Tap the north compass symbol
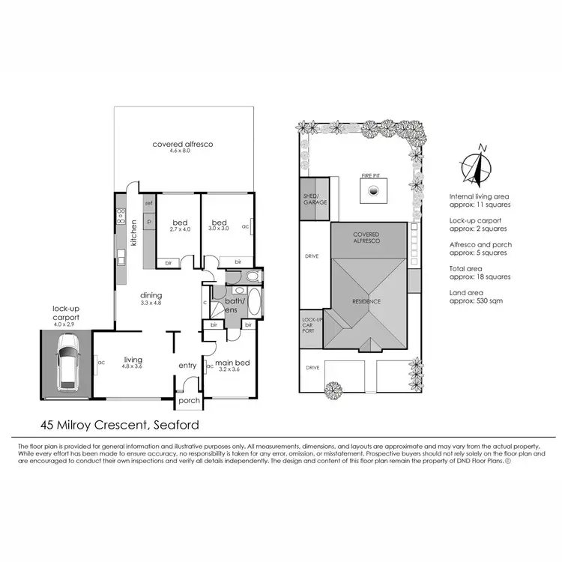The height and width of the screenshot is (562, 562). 476,167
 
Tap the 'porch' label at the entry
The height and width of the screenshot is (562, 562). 189,400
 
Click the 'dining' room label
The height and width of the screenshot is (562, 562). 151,295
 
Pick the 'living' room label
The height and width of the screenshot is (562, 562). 133,360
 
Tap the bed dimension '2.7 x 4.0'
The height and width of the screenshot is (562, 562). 181,229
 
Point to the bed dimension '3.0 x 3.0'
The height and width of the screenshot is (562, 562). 219,229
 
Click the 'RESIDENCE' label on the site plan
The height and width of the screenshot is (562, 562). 367,301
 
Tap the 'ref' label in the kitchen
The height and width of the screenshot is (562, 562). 149,204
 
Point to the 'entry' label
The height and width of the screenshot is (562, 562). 187,366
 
